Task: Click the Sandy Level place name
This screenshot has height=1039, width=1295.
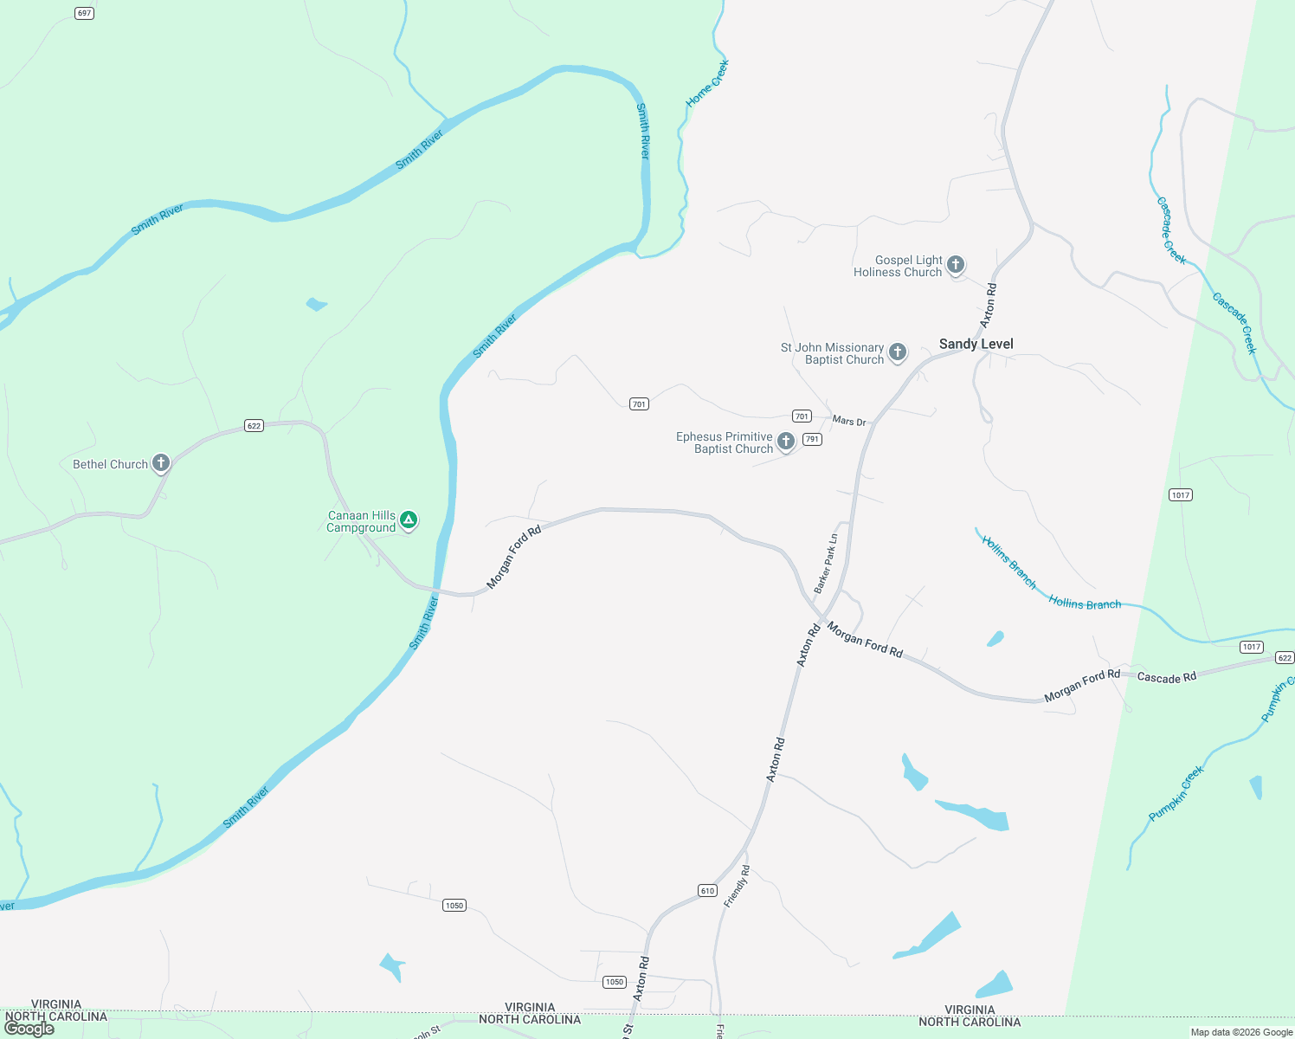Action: (976, 344)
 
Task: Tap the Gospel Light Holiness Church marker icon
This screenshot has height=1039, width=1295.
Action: (956, 265)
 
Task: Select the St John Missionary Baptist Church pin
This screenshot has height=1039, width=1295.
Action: (898, 352)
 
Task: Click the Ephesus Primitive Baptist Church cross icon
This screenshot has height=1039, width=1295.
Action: (786, 442)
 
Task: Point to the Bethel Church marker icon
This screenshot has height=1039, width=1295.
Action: (161, 463)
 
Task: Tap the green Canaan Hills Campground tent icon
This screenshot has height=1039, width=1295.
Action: (409, 520)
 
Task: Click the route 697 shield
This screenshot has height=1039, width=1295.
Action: (84, 13)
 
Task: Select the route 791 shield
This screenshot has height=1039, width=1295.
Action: (812, 439)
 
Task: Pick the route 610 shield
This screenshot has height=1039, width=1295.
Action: (707, 890)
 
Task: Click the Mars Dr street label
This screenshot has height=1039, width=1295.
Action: (848, 421)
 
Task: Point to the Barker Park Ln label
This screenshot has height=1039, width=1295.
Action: (827, 563)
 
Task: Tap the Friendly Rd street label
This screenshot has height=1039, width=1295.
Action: (737, 886)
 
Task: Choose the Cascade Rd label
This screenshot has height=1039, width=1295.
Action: (1166, 677)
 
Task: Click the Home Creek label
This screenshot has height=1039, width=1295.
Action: (707, 83)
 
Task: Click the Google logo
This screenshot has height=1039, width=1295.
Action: (29, 1029)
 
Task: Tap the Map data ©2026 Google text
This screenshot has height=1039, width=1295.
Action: (1241, 1032)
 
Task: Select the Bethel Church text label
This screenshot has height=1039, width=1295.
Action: (110, 464)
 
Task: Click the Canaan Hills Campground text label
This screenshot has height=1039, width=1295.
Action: (361, 521)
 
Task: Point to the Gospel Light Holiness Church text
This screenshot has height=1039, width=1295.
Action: (898, 266)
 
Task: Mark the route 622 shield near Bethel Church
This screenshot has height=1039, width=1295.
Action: (254, 425)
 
